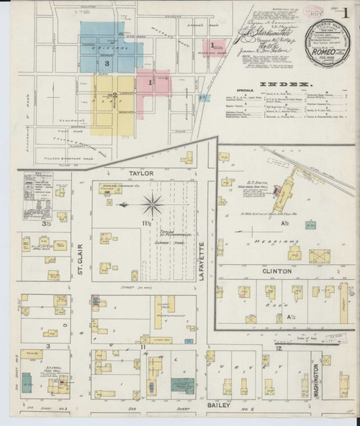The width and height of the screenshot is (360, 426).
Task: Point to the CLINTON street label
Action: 266,272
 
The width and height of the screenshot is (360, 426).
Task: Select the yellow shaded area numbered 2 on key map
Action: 114,95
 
